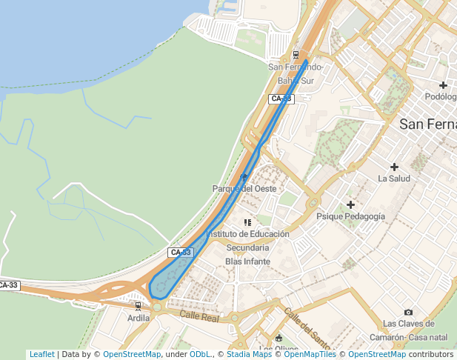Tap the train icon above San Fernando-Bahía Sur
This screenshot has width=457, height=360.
(296, 54)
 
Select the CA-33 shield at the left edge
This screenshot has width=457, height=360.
(7, 285)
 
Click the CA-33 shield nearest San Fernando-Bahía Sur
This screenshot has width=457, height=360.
(281, 99)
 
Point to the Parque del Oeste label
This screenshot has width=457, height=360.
(244, 189)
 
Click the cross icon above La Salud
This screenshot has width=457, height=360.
(394, 167)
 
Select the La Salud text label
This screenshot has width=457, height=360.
(393, 179)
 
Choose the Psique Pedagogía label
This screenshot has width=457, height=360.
(350, 216)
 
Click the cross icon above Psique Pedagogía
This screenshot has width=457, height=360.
(350, 204)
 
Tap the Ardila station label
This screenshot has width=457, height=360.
(139, 318)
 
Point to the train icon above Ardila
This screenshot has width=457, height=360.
(138, 305)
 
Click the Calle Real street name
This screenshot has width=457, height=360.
(200, 317)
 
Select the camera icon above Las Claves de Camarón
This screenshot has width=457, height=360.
(408, 312)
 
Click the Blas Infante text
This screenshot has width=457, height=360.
(247, 261)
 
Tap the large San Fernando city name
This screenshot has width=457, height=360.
(427, 124)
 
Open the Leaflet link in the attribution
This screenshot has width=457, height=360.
(41, 355)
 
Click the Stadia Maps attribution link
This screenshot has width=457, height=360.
(247, 355)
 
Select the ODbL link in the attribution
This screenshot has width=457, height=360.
(200, 355)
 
